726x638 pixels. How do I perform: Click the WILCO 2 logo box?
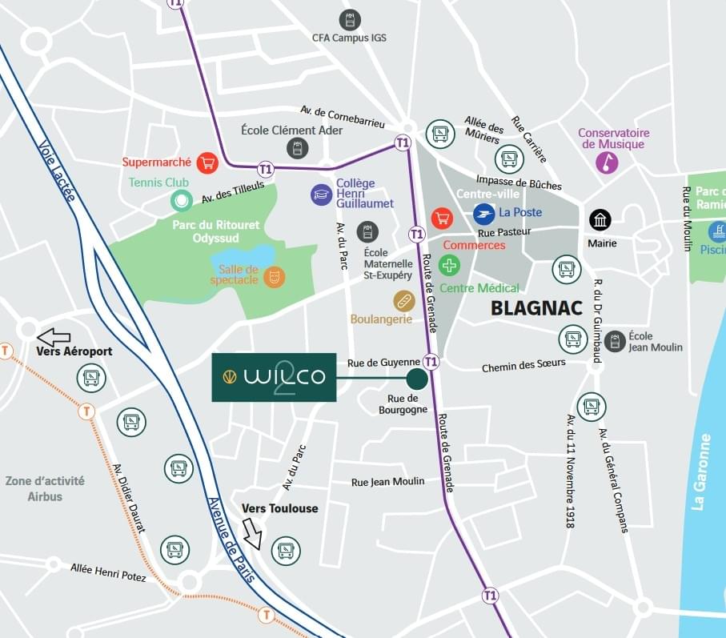[274, 376]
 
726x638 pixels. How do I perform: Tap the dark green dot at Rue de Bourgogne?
[417, 379]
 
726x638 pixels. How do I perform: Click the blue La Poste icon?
[483, 213]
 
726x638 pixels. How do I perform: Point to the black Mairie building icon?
[600, 220]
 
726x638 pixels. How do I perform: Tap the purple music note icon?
[607, 163]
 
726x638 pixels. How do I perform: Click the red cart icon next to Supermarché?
[207, 163]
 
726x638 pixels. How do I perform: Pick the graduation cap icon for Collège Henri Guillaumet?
[322, 194]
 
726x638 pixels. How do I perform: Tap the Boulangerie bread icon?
[404, 301]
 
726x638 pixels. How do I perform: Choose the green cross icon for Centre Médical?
[449, 266]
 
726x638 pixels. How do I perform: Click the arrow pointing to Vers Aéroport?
[54, 337]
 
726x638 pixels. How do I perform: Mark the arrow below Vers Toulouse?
[253, 534]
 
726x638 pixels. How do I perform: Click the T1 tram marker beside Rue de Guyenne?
[431, 362]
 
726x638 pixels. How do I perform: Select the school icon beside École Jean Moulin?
[614, 342]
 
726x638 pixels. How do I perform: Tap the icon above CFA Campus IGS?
[350, 20]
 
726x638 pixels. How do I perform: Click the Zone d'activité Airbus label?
[45, 488]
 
